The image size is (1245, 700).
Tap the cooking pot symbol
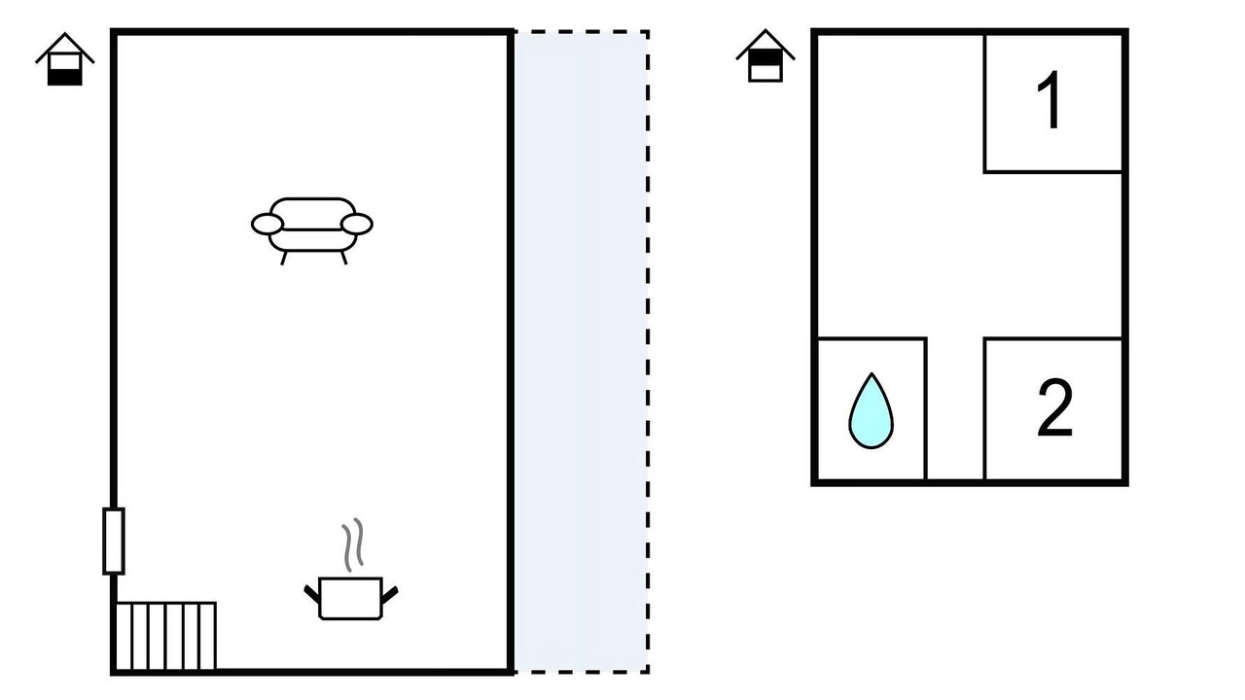click(351, 598)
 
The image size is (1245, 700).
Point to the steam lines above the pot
click(353, 545)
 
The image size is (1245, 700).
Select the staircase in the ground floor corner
click(165, 636)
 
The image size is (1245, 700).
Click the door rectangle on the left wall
click(114, 541)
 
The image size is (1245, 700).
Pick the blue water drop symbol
click(871, 410)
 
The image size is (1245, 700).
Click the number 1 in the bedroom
click(1050, 100)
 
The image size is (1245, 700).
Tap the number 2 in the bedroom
click(1054, 407)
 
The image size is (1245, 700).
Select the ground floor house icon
click(65, 59)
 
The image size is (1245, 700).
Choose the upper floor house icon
click(765, 56)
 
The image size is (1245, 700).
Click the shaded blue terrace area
click(581, 352)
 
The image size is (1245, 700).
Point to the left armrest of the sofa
click(267, 225)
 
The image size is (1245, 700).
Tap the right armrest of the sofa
click(356, 224)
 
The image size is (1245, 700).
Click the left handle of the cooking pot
click(312, 594)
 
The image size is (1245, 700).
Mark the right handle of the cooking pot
click(390, 594)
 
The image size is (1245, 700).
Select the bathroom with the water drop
click(871, 409)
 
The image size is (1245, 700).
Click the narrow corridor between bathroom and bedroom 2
click(955, 409)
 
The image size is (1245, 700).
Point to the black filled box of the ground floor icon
click(65, 77)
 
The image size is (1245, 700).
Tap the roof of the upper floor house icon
click(765, 44)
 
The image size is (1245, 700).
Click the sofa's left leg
click(284, 258)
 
